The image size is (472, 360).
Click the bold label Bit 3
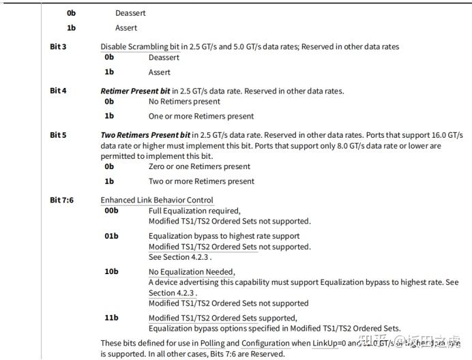pos(59,47)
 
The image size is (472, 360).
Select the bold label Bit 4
pos(59,91)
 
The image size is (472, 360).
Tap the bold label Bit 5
pos(59,135)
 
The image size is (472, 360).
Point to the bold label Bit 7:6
pos(62,200)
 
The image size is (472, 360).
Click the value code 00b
pos(111,211)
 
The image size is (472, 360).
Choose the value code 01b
pos(111,236)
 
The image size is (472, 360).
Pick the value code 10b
pos(111,271)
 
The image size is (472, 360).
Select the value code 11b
pos(111,318)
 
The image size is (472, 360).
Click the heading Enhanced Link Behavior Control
pos(157,200)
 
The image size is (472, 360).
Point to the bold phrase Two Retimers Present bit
pos(145,135)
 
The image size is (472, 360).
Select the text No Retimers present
pos(184,102)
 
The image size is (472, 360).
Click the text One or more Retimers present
pos(201,116)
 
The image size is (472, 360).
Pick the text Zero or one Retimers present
pos(199,166)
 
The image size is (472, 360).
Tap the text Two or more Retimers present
pos(201,181)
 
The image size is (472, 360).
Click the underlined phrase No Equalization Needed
pos(192,272)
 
